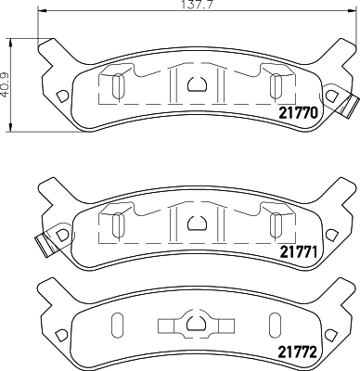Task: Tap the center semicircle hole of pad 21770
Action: (x=197, y=84)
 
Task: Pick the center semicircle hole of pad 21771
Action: (x=197, y=222)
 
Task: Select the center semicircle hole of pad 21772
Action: (x=197, y=325)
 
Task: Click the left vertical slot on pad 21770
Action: (x=117, y=86)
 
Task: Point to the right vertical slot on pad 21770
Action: (x=276, y=86)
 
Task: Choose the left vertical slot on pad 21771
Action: (x=117, y=224)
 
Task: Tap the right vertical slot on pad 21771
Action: (x=276, y=224)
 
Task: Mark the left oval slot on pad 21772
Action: (x=117, y=326)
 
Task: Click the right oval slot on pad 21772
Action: (x=276, y=326)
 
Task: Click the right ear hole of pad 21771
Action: (x=331, y=235)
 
